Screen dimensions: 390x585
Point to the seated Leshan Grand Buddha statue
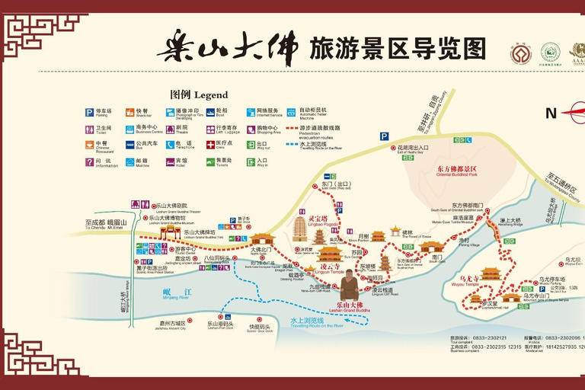coord(349,285)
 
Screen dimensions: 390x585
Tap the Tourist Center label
coord(185,251)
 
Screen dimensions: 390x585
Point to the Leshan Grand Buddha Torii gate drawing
coord(170,231)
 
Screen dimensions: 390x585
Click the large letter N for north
coord(551,113)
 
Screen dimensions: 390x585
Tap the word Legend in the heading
coord(210,95)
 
